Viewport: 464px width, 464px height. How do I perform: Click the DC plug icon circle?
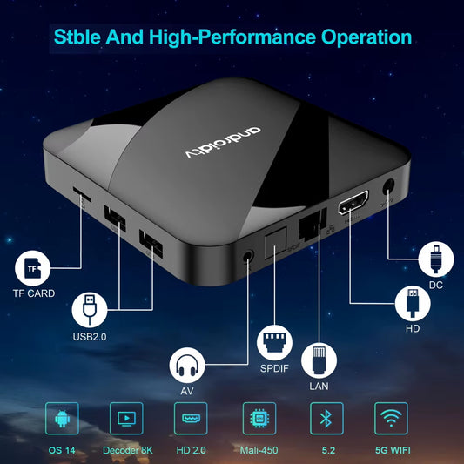click(x=435, y=259)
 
